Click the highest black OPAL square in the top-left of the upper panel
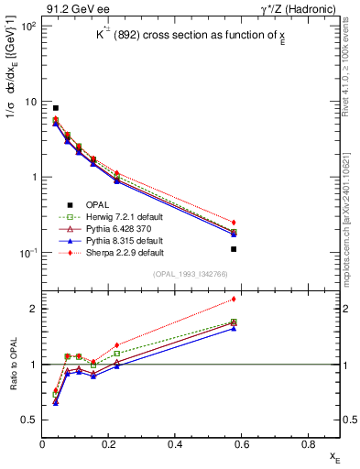click(x=55, y=108)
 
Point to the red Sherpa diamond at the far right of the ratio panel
click(x=235, y=299)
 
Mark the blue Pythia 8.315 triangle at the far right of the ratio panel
click(x=235, y=327)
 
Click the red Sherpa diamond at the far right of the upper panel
click(x=235, y=223)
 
